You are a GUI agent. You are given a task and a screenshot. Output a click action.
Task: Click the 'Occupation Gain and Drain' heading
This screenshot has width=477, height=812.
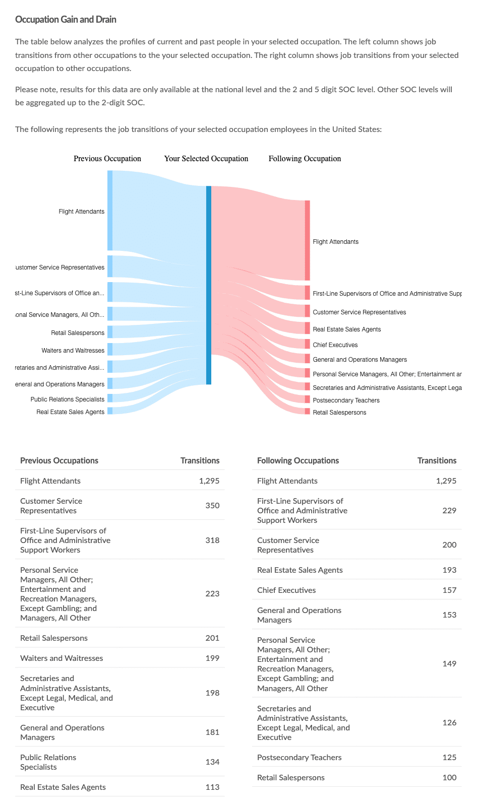pyautogui.click(x=66, y=20)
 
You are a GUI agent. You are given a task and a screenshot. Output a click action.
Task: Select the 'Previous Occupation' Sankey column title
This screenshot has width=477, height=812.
pyautogui.click(x=107, y=159)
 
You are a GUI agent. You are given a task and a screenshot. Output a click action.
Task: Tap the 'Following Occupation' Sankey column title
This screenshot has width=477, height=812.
pyautogui.click(x=305, y=159)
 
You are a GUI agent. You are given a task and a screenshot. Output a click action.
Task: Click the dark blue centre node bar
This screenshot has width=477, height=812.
pyautogui.click(x=208, y=285)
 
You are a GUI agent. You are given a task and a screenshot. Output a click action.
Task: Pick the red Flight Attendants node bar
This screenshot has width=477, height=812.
pyautogui.click(x=308, y=240)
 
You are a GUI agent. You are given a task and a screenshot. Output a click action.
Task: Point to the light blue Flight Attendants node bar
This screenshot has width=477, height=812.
pyautogui.click(x=110, y=211)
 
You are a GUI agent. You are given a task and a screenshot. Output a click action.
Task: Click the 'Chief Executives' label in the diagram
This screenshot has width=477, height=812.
pyautogui.click(x=335, y=345)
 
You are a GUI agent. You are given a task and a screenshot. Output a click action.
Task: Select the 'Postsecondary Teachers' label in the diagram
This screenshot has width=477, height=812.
pyautogui.click(x=346, y=400)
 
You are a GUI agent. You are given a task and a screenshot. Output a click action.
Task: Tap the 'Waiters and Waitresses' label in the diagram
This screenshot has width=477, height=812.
pyautogui.click(x=73, y=351)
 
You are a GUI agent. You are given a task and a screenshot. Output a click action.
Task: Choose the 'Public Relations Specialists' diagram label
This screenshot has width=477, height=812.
pyautogui.click(x=68, y=399)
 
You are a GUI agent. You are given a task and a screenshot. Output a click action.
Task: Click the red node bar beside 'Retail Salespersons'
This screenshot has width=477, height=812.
pyautogui.click(x=308, y=412)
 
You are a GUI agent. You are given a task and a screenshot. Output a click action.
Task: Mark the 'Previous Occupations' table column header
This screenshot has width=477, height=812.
pyautogui.click(x=59, y=460)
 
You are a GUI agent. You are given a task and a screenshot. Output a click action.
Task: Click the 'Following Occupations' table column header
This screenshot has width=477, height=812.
pyautogui.click(x=298, y=460)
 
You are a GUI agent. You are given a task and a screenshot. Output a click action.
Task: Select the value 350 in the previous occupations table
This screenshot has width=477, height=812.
pyautogui.click(x=212, y=505)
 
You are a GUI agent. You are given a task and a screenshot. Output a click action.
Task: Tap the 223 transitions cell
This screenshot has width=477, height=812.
pyautogui.click(x=212, y=593)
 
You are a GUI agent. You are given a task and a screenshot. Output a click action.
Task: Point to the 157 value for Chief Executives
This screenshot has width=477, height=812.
pyautogui.click(x=449, y=590)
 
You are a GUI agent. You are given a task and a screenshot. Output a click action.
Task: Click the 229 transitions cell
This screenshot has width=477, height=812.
pyautogui.click(x=449, y=510)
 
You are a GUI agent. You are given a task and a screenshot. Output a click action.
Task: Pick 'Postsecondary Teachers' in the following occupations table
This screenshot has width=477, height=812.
pyautogui.click(x=299, y=757)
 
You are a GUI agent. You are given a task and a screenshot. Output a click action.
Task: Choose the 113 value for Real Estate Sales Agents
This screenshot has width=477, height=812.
pyautogui.click(x=212, y=787)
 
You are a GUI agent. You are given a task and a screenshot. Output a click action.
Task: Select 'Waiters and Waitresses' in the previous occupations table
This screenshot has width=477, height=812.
pyautogui.click(x=62, y=658)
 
